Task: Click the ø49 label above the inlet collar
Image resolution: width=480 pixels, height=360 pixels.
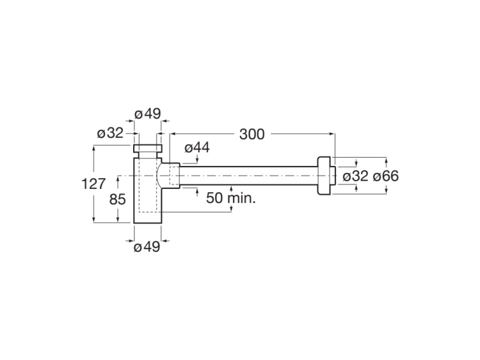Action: point(147,114)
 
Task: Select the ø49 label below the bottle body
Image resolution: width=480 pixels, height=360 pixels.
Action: point(147,248)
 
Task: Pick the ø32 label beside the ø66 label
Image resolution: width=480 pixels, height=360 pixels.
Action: point(355,176)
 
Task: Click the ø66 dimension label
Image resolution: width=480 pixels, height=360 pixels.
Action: point(385,176)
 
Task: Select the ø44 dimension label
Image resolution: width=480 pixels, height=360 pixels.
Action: point(197,148)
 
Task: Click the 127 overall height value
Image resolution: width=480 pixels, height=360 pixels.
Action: point(93,184)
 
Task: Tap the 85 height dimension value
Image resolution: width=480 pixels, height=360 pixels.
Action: point(118,199)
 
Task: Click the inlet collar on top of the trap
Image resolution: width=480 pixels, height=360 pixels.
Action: point(148,151)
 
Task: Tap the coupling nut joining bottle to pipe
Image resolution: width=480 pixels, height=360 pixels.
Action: point(170,175)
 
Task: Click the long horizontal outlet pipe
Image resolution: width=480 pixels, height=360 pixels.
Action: point(250,175)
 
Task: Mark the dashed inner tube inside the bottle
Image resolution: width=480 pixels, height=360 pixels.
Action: point(148,192)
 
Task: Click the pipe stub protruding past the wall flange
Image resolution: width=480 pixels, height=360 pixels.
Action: point(333,175)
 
